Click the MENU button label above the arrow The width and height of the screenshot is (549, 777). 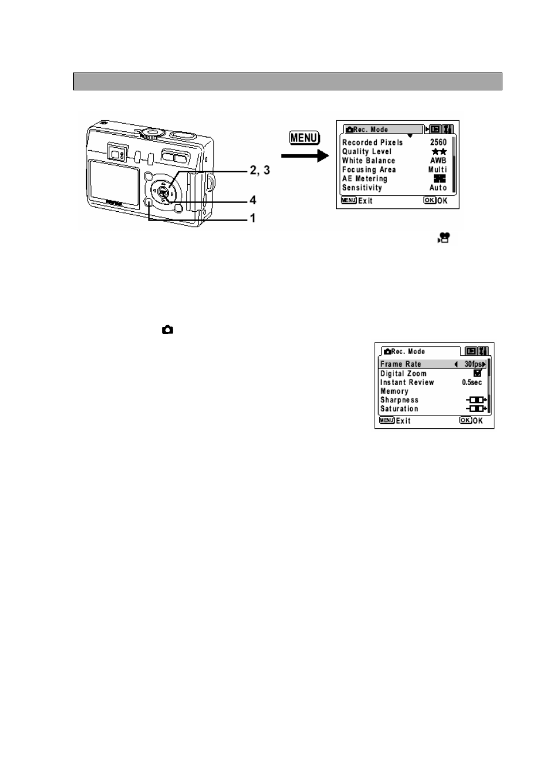tap(304, 138)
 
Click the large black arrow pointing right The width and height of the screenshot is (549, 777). tap(305, 156)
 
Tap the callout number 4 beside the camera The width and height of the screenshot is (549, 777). tap(253, 200)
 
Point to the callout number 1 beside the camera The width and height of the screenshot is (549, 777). tap(253, 218)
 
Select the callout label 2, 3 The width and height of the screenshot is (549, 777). tap(260, 170)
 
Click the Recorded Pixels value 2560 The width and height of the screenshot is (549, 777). tap(439, 142)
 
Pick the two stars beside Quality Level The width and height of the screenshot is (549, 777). tap(439, 151)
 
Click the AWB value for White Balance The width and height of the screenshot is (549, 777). tap(439, 161)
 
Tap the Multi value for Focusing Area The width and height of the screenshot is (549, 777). tap(438, 170)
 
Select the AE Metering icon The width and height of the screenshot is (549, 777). tap(440, 178)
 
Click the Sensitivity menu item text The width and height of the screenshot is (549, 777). tap(362, 188)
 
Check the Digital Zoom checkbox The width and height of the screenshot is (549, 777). tap(478, 373)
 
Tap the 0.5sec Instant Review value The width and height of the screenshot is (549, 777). tap(472, 382)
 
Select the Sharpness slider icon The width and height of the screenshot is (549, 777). tap(476, 400)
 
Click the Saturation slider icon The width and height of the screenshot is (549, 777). tap(476, 409)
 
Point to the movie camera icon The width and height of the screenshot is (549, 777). tap(444, 238)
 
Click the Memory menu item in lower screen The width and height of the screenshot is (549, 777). tap(394, 391)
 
